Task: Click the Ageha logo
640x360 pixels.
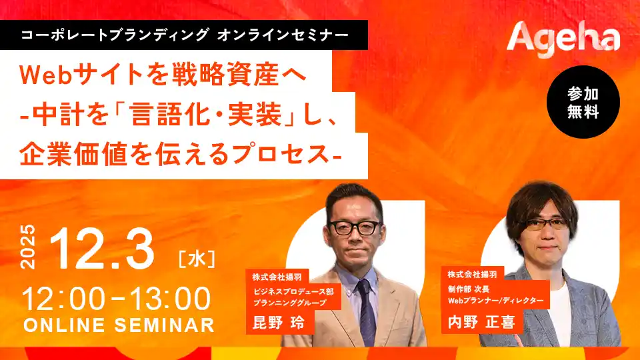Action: [x=563, y=37]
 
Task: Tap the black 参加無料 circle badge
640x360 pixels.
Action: [x=583, y=102]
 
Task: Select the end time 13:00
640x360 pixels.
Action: [x=171, y=298]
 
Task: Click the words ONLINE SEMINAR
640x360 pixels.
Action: [x=119, y=325]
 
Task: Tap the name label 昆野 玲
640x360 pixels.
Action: [x=278, y=323]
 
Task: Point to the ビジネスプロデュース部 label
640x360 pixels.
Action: [x=292, y=291]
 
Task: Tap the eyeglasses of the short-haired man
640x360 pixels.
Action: [x=354, y=227]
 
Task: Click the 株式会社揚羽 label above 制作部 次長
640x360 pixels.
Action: [x=473, y=274]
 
